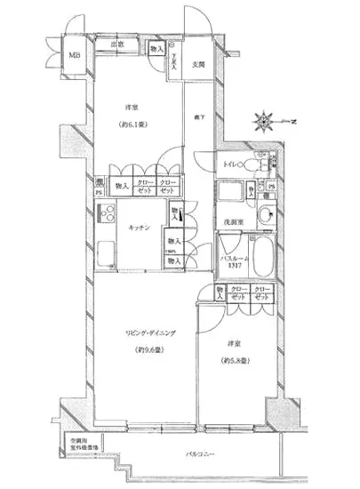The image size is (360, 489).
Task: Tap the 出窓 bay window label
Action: tap(116, 44)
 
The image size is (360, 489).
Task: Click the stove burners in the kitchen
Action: tap(108, 213)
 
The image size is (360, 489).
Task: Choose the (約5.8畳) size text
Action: tap(235, 360)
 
